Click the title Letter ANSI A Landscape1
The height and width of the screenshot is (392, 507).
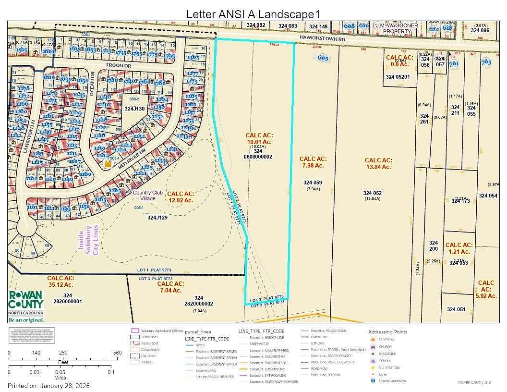[253, 14]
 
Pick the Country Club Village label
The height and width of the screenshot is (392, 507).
[148, 196]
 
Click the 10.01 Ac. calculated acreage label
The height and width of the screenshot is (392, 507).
[259, 142]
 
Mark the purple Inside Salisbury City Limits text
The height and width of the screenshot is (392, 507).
[88, 240]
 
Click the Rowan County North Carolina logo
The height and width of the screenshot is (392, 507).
[27, 306]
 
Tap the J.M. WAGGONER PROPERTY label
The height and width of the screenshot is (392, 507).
[397, 28]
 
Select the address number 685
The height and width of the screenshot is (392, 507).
[323, 58]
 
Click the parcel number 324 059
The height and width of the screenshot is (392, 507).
[312, 183]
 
